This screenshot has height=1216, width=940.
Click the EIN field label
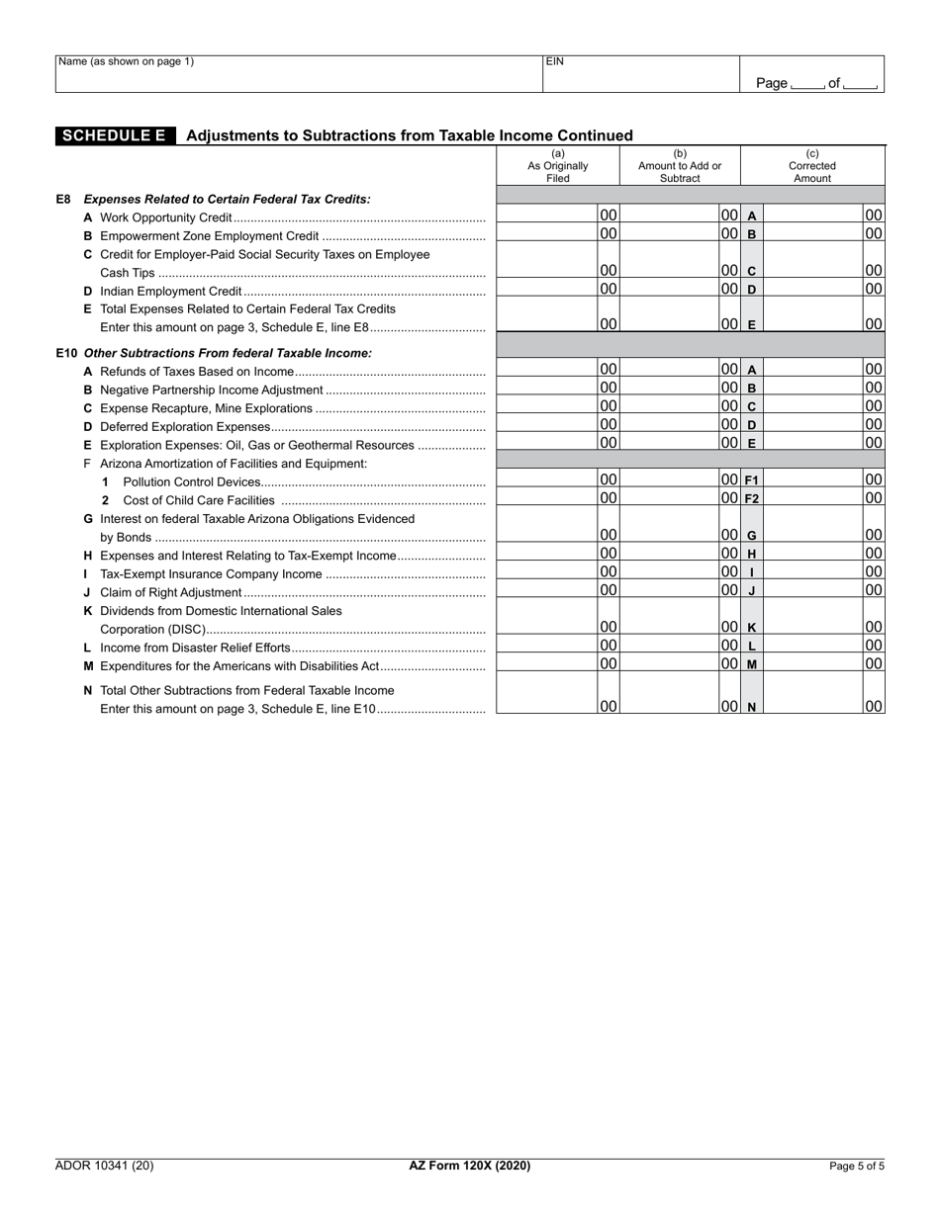click(555, 61)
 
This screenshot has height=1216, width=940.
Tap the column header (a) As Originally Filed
click(557, 165)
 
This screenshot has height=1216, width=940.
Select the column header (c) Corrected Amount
click(812, 165)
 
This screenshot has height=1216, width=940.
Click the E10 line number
click(66, 353)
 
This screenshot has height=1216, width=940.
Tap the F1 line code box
click(751, 480)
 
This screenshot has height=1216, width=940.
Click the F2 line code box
click(751, 499)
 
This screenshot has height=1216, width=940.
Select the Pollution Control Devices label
click(192, 481)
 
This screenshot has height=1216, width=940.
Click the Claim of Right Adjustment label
click(170, 592)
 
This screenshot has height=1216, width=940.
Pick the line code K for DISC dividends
click(751, 628)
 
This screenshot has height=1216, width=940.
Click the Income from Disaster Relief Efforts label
click(195, 648)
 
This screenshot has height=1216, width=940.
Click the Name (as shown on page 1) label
click(126, 61)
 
